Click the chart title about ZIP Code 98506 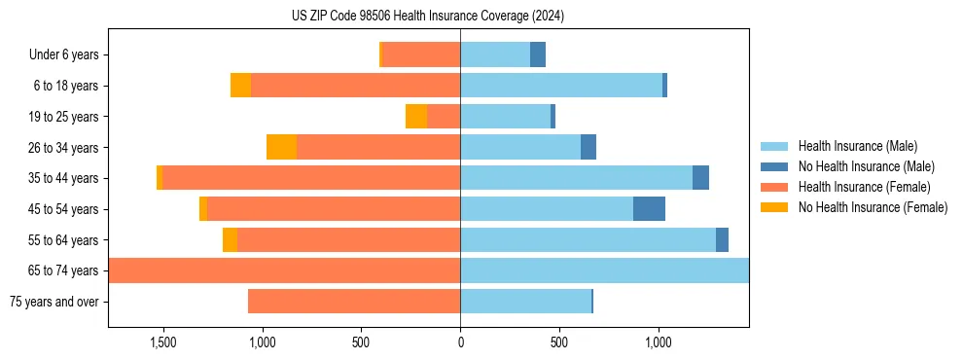click(x=428, y=17)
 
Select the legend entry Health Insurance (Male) click(x=857, y=146)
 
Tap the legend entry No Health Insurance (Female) click(x=873, y=207)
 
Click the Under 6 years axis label click(x=64, y=54)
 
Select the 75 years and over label click(x=54, y=302)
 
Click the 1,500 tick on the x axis click(x=162, y=342)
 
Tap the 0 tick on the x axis click(x=460, y=342)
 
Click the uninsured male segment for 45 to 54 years click(x=649, y=209)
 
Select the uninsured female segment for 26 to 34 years click(x=281, y=147)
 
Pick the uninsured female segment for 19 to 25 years click(x=416, y=117)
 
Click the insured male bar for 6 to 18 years click(x=561, y=86)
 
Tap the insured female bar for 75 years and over click(x=354, y=302)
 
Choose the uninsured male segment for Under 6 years click(x=538, y=54)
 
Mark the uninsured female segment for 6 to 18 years click(x=240, y=86)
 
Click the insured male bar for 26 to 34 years click(x=520, y=147)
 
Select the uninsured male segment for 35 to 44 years click(x=700, y=178)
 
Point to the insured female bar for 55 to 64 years click(x=348, y=240)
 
